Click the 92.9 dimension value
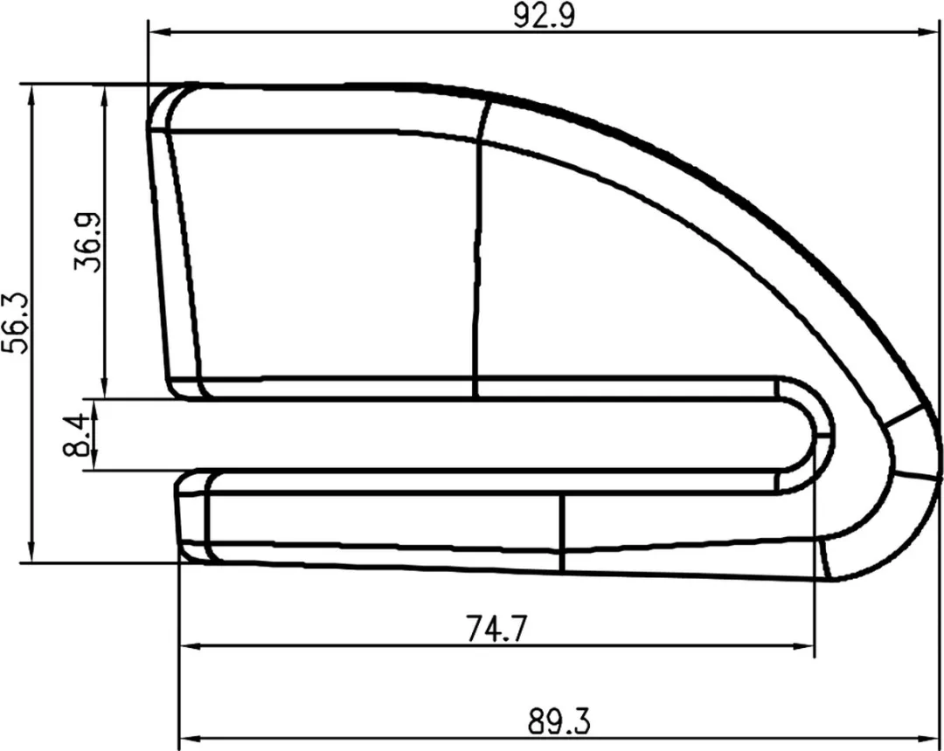[545, 17]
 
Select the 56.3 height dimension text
[16, 323]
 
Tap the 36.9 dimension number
[88, 242]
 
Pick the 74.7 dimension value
[496, 629]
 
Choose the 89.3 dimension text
[559, 721]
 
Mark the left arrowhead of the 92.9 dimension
[160, 31]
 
